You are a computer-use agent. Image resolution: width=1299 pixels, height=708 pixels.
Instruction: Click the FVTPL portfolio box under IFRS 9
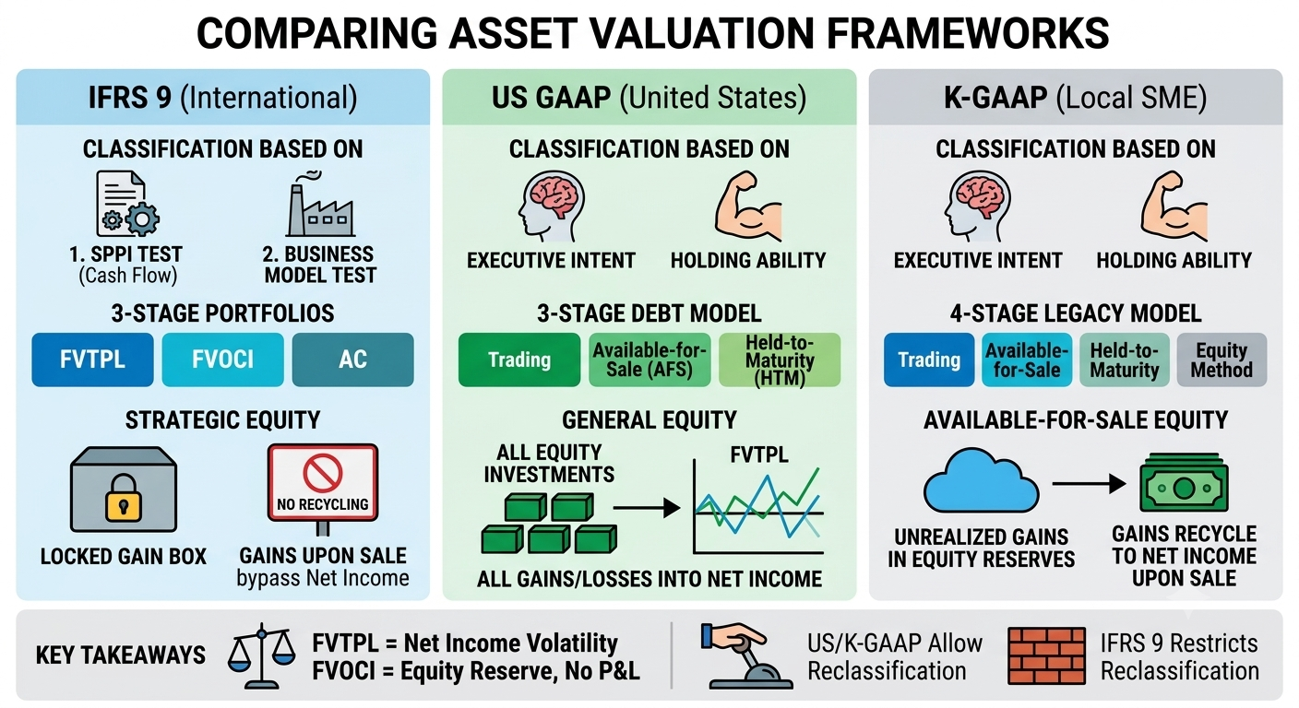coord(93,360)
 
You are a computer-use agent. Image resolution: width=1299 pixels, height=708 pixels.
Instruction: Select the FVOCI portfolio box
coord(222,360)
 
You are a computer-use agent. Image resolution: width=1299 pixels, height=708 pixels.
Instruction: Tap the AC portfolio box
coord(352,360)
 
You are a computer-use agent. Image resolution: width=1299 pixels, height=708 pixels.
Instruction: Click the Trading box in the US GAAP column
coord(519,360)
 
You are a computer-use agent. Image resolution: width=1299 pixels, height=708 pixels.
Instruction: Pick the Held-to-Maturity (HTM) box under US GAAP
coord(780,360)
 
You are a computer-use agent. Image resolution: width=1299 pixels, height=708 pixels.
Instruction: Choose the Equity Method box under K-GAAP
coord(1222,360)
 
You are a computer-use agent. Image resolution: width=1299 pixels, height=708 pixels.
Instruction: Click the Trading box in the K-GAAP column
coord(929,360)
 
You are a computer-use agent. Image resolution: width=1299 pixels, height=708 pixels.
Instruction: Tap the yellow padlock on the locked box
coord(123,497)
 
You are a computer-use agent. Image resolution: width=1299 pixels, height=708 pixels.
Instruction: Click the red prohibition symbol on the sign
coord(322,473)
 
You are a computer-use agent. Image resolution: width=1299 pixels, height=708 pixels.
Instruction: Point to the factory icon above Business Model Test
coord(320,203)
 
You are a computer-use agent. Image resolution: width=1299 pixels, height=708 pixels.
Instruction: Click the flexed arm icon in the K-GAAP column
coord(1174,206)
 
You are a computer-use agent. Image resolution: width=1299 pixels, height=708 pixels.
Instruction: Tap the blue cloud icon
coord(982,480)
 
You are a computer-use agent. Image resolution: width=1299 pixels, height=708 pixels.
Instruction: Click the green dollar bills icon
coord(1184,483)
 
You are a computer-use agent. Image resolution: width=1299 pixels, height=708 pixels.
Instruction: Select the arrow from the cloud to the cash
coord(1089,483)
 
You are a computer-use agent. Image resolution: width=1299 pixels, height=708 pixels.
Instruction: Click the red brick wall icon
coord(1047,655)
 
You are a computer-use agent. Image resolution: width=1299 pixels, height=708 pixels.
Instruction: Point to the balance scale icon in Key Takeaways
coord(261,655)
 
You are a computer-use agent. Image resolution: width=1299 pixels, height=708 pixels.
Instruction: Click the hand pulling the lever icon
coord(745,655)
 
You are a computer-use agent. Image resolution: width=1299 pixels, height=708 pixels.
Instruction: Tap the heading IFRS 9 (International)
coord(222,98)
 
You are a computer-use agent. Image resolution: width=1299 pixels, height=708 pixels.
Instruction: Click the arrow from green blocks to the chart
coord(647,508)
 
